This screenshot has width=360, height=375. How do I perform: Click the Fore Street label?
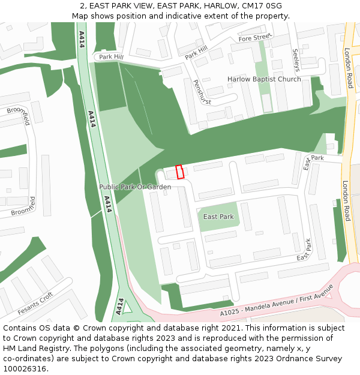[x=255, y=38]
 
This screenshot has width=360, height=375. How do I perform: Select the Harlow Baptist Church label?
[x=264, y=79]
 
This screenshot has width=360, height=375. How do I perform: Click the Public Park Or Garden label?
[x=135, y=187]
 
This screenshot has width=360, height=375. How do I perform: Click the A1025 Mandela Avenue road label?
[x=276, y=304]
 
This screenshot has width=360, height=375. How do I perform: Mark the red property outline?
[x=179, y=172]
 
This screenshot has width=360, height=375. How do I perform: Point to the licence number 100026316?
[x=25, y=369]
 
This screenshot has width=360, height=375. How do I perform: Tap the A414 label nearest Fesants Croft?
[x=120, y=306]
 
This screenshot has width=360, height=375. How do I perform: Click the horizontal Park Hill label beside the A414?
[x=111, y=57]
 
